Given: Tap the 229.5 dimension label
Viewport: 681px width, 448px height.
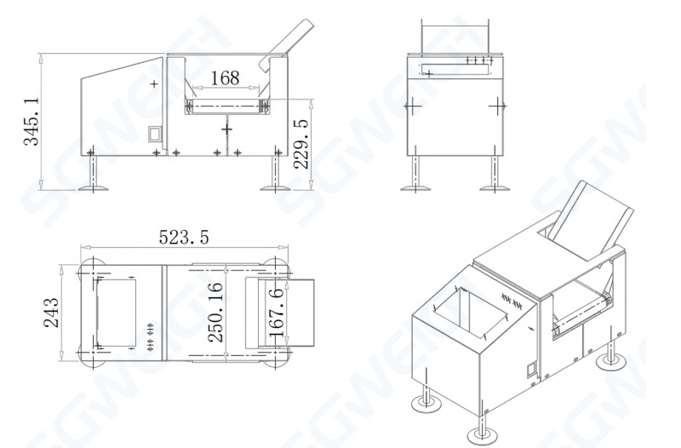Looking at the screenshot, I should [x=300, y=143].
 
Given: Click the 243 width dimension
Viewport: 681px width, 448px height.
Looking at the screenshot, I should [x=51, y=313].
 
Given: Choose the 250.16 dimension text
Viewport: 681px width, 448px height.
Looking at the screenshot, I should [x=215, y=313].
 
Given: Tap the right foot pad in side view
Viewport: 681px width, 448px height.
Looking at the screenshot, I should [x=278, y=186].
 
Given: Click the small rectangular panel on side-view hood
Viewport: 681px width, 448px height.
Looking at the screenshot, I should [x=154, y=134].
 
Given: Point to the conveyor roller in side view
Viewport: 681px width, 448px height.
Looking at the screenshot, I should [x=226, y=105].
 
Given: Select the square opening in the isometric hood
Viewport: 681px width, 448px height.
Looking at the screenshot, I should [x=464, y=308].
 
